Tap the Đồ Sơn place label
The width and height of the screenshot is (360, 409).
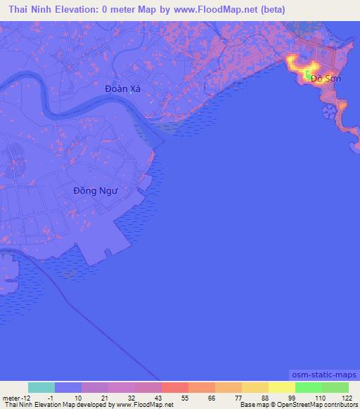click(326, 79)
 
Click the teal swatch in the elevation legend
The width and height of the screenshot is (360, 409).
click(41, 387)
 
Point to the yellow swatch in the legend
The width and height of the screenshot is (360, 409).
click(282, 387)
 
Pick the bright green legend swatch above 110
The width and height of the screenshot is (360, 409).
click(309, 387)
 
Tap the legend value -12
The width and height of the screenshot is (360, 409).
click(23, 398)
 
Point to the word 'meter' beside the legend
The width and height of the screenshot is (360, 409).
click(11, 398)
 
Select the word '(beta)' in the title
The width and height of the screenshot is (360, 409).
click(270, 10)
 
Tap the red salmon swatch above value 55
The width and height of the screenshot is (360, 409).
click(175, 387)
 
